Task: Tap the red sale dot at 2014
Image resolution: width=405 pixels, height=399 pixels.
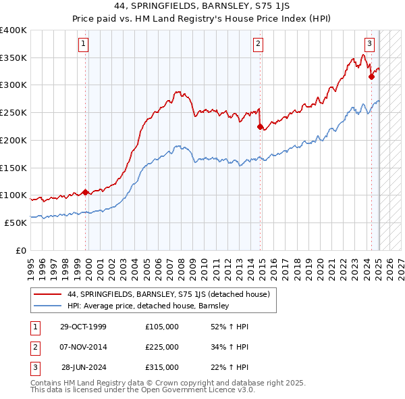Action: click(261, 126)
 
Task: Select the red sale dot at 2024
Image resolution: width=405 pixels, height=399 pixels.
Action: click(371, 76)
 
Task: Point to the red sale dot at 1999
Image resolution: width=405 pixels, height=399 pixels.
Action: click(85, 191)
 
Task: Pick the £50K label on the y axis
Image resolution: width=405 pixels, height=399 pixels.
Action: click(16, 222)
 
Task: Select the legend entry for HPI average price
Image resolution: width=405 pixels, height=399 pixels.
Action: click(148, 306)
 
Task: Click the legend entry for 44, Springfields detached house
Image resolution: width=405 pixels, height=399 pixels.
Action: click(169, 294)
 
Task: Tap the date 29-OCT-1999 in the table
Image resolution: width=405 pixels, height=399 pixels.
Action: click(83, 327)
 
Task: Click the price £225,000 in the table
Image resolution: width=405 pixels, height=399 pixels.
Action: click(162, 347)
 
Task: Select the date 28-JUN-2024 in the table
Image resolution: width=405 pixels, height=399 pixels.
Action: click(84, 367)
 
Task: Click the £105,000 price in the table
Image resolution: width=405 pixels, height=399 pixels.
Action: click(162, 327)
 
